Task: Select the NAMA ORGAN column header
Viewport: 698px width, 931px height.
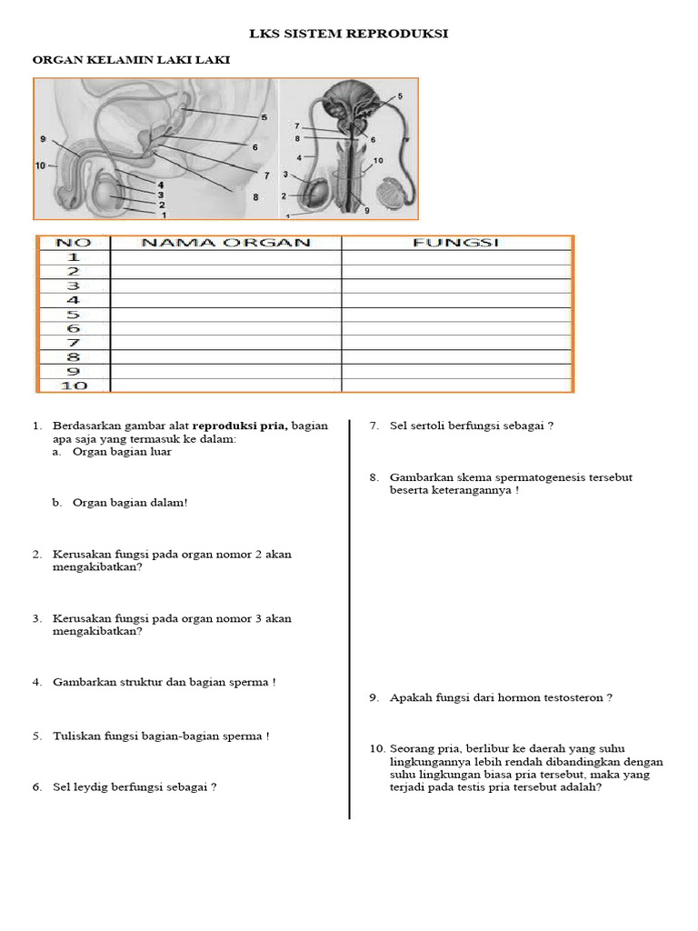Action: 225,243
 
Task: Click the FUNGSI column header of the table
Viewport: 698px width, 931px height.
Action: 456,243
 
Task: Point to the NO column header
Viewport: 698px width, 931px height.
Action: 73,243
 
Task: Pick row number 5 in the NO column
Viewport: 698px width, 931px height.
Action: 73,315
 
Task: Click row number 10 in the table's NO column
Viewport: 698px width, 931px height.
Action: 73,385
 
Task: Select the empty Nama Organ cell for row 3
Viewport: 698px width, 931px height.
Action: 225,285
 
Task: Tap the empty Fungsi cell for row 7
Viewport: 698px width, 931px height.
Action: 456,343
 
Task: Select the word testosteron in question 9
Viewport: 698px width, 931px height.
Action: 573,697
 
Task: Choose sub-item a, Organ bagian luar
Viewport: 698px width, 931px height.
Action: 122,452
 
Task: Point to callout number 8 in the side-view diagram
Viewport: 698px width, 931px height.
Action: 255,196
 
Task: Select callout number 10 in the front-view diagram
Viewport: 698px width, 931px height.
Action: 378,160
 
